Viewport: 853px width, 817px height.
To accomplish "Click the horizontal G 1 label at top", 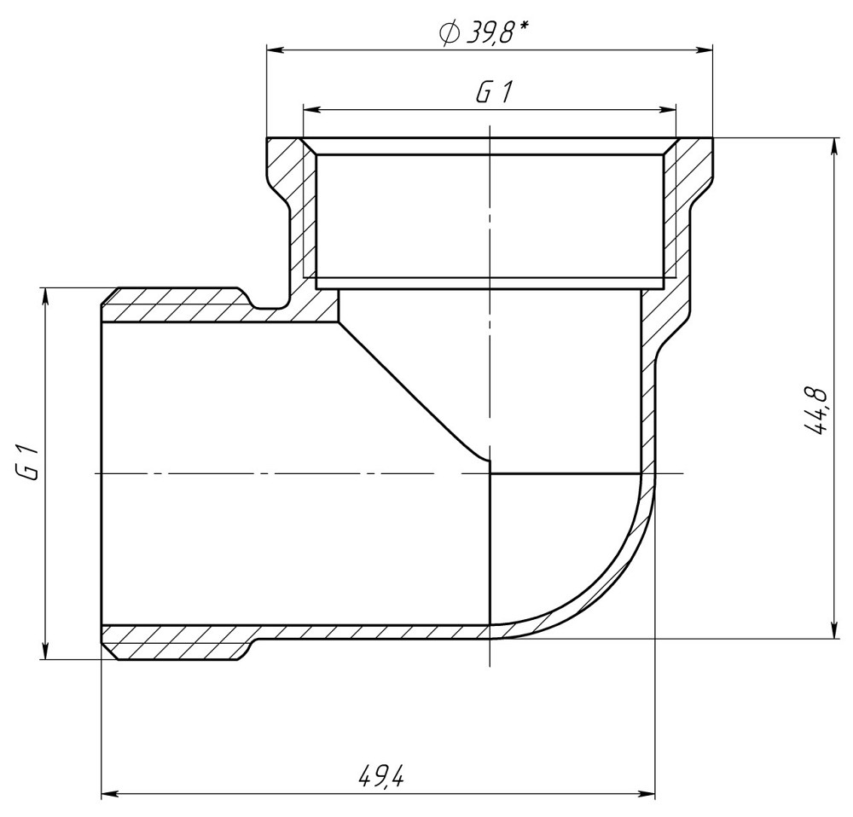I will click(x=492, y=93).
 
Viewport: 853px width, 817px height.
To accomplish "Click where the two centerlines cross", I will click(x=490, y=472).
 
